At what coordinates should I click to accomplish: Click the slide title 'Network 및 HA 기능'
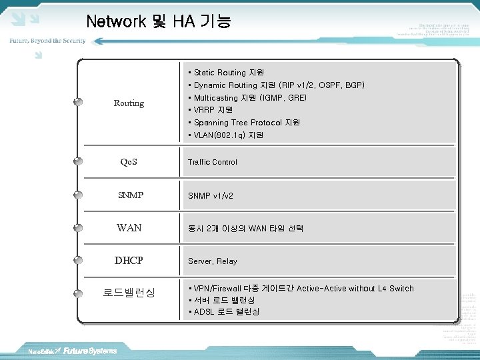[x=159, y=21]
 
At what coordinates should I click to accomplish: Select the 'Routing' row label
[x=129, y=103]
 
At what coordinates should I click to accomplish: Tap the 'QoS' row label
[x=129, y=162]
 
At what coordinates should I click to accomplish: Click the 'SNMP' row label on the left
[x=130, y=195]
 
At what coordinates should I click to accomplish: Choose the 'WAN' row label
[x=129, y=228]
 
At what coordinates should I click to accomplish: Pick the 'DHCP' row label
[x=129, y=261]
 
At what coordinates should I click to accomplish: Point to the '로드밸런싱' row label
[x=129, y=293]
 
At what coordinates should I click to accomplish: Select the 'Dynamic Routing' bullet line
[x=277, y=85]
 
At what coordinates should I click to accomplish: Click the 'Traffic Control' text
[x=213, y=162]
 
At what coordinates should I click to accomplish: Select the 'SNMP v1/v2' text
[x=211, y=196]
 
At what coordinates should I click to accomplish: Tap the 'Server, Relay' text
[x=213, y=261]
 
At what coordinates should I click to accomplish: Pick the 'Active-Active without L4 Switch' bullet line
[x=301, y=289]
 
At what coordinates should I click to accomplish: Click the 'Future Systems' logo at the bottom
[x=90, y=351]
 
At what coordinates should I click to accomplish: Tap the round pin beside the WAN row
[x=78, y=228]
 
